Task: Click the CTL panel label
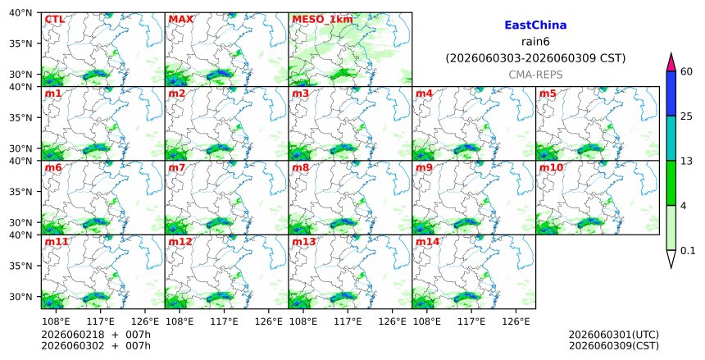(x=54, y=20)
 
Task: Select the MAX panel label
(x=180, y=20)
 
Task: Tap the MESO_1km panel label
(x=322, y=20)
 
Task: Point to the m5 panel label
(x=548, y=93)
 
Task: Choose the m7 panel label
(x=177, y=168)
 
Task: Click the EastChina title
(x=535, y=25)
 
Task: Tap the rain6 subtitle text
(x=535, y=42)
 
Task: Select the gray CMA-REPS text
(x=535, y=75)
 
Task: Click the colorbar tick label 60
(x=686, y=71)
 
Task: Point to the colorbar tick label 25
(x=686, y=116)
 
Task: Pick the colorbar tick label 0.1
(x=688, y=251)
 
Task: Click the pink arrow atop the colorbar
(x=671, y=63)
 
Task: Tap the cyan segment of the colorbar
(x=671, y=138)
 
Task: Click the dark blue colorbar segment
(x=671, y=93)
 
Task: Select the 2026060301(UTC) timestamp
(x=614, y=335)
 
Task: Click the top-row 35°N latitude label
(x=20, y=43)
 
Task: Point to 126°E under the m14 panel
(x=516, y=321)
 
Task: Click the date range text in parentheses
(x=535, y=58)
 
